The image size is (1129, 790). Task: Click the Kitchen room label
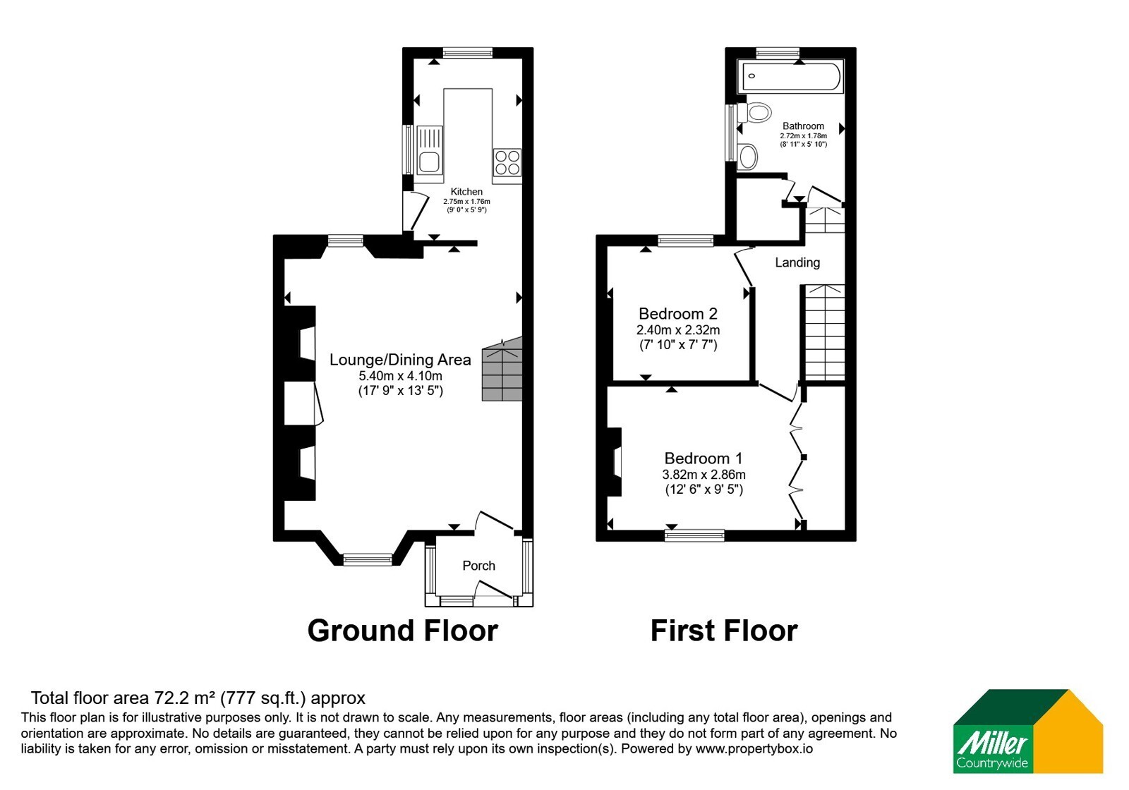(x=466, y=191)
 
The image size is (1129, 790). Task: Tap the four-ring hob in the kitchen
(x=507, y=162)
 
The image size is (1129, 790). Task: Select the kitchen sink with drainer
(x=430, y=150)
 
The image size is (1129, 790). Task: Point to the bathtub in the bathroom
(x=790, y=77)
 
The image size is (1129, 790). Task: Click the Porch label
(x=479, y=566)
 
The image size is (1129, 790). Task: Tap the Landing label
(x=797, y=262)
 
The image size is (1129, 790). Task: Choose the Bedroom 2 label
(x=678, y=314)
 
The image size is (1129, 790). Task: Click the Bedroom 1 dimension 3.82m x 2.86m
(x=704, y=475)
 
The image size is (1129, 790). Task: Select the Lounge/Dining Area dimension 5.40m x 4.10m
(x=400, y=376)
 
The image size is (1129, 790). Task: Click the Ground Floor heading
(x=403, y=631)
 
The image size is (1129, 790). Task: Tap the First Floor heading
(x=724, y=631)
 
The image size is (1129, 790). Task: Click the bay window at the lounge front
(x=368, y=559)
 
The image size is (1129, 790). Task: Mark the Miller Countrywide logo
(x=1027, y=731)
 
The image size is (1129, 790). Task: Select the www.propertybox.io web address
(x=754, y=748)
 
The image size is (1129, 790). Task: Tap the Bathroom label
(x=803, y=126)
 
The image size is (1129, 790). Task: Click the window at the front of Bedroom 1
(x=694, y=535)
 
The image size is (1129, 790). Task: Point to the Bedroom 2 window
(x=685, y=241)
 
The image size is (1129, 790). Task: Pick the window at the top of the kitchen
(x=468, y=53)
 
